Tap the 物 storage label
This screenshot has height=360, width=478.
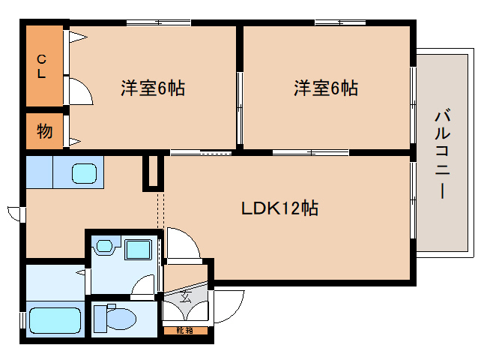45,132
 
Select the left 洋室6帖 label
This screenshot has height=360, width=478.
154,88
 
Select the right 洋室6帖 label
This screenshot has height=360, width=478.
325,88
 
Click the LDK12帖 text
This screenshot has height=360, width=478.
279,208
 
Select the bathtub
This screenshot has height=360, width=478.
54,320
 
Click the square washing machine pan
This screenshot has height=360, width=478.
136,249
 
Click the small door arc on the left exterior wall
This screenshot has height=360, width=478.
14,211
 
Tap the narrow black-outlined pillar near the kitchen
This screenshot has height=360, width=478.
153,172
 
